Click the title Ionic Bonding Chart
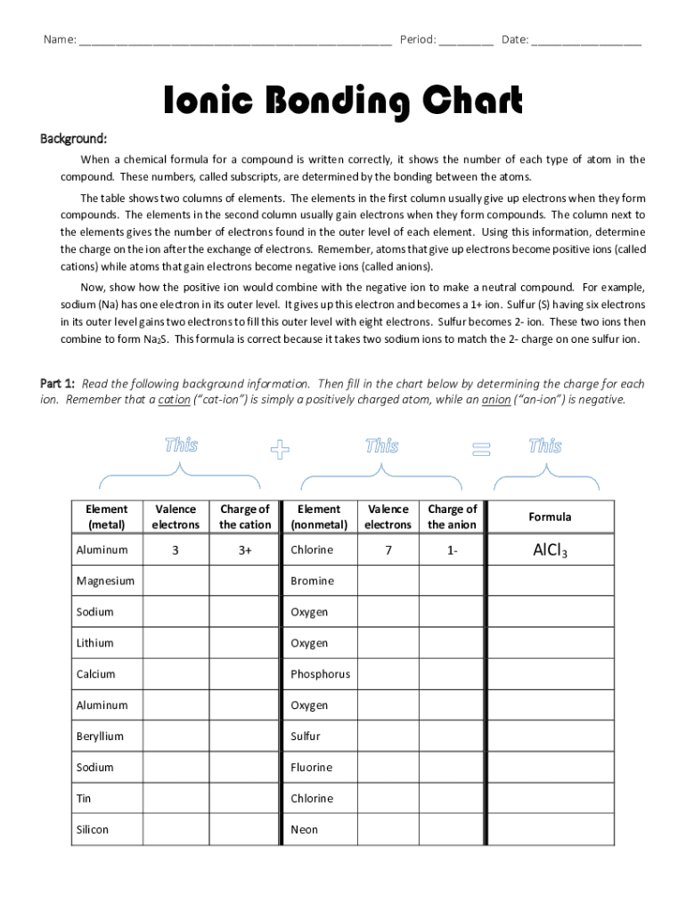[x=342, y=102]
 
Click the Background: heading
[x=74, y=139]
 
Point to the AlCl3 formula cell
[x=550, y=550]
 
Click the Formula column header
[x=550, y=517]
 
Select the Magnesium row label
[x=105, y=581]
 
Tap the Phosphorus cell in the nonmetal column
[x=321, y=674]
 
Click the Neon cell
[x=305, y=829]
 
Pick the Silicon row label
[x=93, y=829]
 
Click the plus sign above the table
[x=281, y=451]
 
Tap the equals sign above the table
[x=481, y=451]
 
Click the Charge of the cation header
[x=244, y=517]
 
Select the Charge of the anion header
[x=452, y=517]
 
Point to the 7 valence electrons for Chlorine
[x=388, y=550]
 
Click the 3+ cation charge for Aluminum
[x=244, y=550]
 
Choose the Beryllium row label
[x=100, y=737]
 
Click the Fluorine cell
[x=312, y=767]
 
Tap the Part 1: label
[x=58, y=384]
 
